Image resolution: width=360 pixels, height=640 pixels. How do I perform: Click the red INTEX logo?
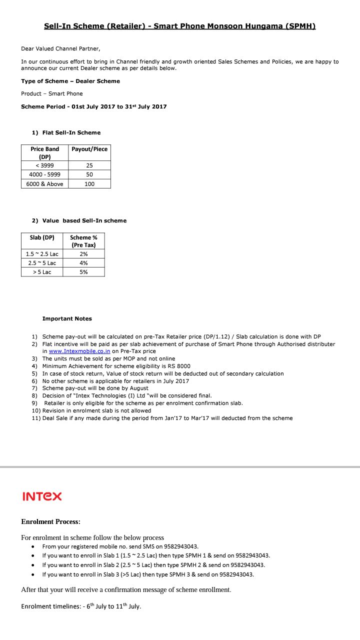point(42,496)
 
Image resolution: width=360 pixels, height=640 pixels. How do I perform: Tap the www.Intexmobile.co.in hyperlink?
point(79,351)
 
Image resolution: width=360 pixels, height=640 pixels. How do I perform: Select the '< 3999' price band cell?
point(44,165)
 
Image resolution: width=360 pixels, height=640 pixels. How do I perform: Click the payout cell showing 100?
point(89,184)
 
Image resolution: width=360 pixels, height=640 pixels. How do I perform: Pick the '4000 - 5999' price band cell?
point(44,174)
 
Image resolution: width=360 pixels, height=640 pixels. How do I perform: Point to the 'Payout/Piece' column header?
point(89,149)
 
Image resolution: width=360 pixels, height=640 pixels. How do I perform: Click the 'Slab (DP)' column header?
point(42,237)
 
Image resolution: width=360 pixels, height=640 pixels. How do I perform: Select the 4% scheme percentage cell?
point(83,263)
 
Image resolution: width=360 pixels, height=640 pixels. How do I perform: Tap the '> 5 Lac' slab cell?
point(42,272)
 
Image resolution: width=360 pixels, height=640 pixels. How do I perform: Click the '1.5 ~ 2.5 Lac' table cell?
point(42,254)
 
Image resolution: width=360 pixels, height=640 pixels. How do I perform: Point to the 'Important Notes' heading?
point(67,318)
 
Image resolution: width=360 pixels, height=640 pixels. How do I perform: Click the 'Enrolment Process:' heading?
point(50,521)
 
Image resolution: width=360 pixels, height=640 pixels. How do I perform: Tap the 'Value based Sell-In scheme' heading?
point(84,220)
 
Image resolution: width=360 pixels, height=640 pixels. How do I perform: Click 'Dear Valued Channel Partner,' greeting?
point(60,48)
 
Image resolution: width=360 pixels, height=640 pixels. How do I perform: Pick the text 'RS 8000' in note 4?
point(179,366)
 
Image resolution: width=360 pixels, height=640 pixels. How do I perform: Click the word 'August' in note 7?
point(138,388)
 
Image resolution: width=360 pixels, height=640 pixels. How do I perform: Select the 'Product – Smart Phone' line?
point(52,93)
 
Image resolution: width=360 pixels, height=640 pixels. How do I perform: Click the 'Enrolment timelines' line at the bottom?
point(81,606)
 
